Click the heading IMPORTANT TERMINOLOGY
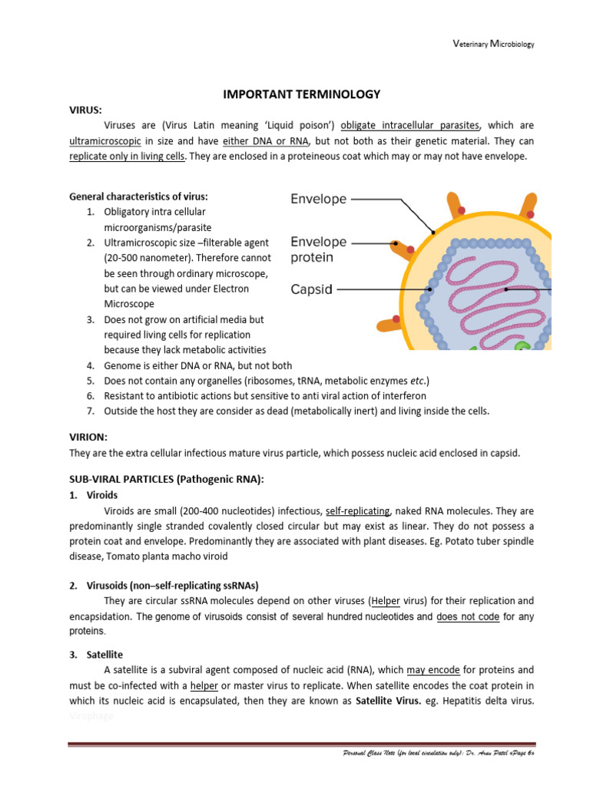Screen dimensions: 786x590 [301, 94]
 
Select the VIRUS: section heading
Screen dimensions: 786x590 [86, 110]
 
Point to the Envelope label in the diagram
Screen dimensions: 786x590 [318, 199]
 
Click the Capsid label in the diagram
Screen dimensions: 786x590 [311, 289]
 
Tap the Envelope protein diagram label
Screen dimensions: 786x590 [318, 249]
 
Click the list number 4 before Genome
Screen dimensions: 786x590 [90, 365]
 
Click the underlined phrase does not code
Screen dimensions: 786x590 [468, 616]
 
